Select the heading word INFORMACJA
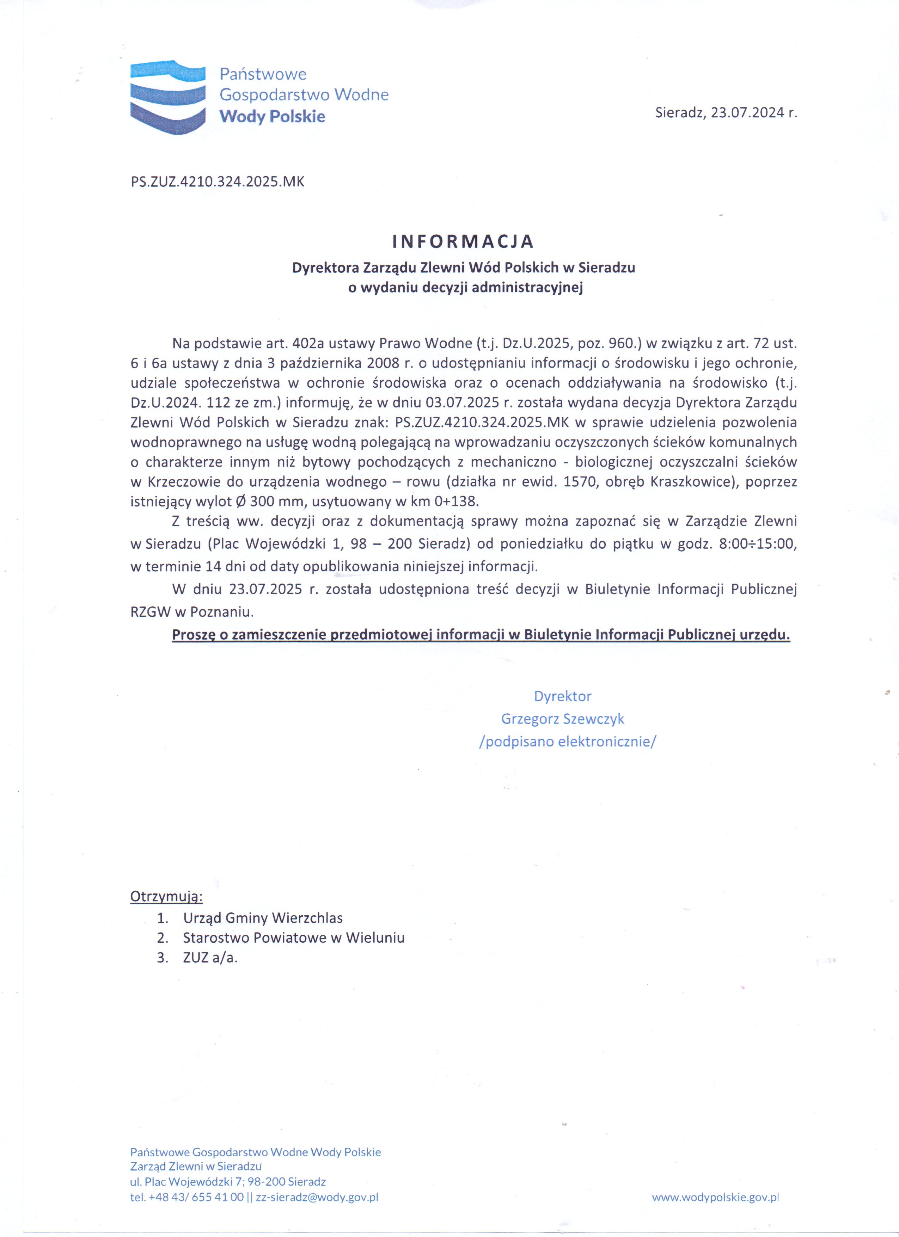point(463,241)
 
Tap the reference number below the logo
point(217,181)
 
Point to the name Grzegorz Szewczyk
point(562,719)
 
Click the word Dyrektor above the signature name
point(562,696)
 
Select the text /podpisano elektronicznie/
point(567,742)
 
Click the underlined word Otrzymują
point(166,897)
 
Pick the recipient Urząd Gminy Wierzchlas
point(263,918)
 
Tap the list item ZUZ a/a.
point(210,958)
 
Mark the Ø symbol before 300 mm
point(240,501)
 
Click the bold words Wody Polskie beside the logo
point(272,116)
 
